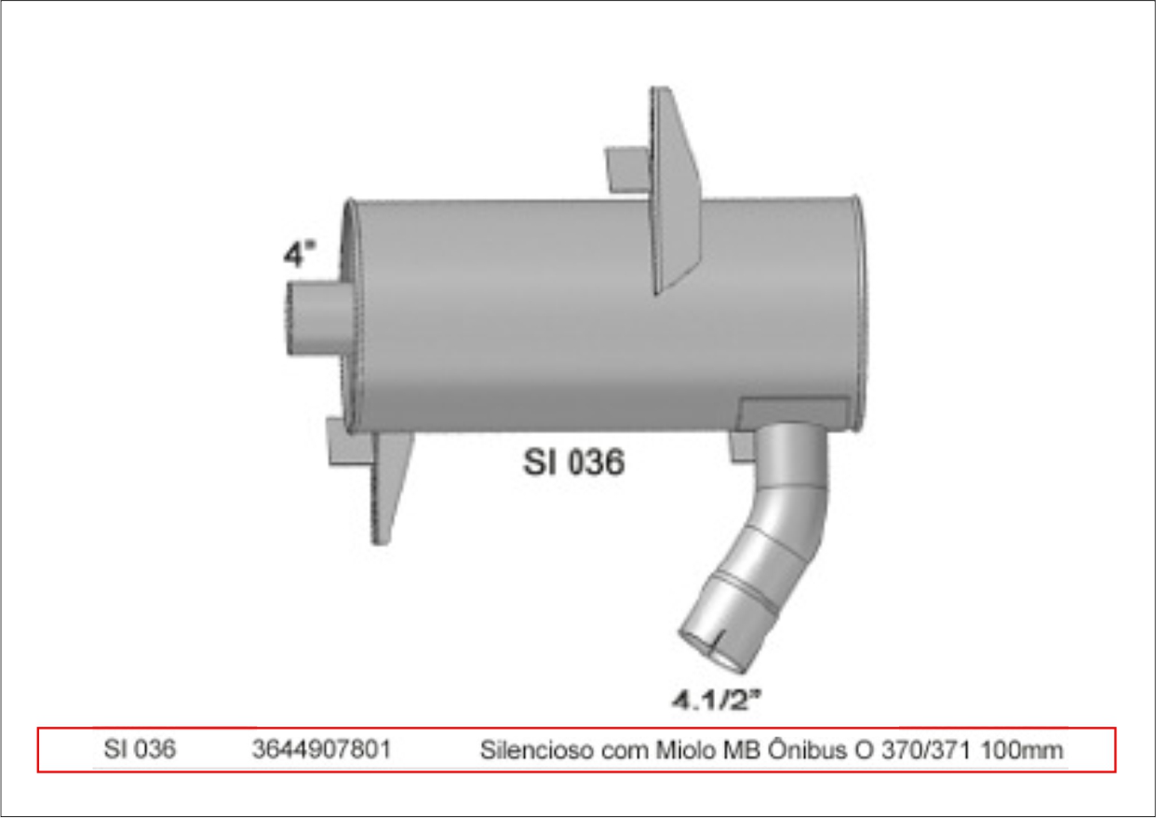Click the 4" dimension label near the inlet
[x=300, y=253]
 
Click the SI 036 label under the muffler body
[x=573, y=463]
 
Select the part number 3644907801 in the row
[x=321, y=749]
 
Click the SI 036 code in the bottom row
[x=141, y=749]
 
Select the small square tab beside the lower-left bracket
[x=345, y=442]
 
